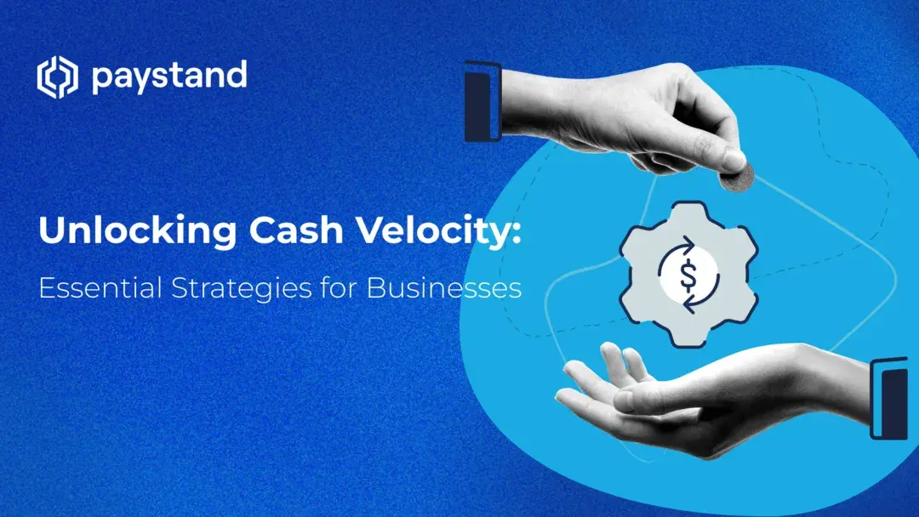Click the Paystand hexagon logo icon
(56, 77)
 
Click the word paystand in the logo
(168, 77)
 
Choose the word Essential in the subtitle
(90, 288)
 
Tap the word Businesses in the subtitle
(443, 288)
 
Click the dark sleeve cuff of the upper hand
(482, 100)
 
